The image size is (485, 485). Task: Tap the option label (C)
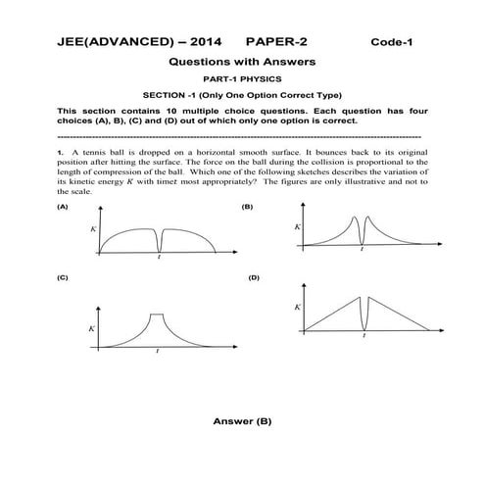coord(63,278)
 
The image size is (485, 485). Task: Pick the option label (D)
coord(254,278)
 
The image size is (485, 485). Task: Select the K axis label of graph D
coord(298,307)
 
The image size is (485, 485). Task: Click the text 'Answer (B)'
coord(242,421)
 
